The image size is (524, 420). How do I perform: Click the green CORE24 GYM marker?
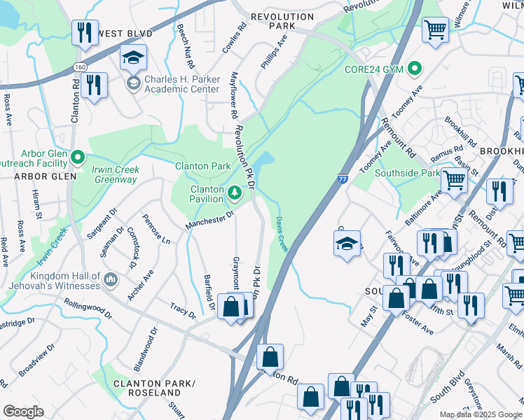(415, 69)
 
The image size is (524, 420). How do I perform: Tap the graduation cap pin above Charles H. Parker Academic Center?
(132, 57)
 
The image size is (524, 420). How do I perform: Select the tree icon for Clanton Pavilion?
(235, 190)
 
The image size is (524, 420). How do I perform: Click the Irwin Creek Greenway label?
(116, 174)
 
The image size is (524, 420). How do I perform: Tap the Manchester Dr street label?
(209, 220)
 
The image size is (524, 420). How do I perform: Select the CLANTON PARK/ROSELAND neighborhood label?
(147, 388)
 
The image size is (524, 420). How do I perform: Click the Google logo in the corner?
(23, 412)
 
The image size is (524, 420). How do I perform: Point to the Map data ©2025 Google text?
(481, 414)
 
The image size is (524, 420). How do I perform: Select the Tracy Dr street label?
(183, 310)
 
